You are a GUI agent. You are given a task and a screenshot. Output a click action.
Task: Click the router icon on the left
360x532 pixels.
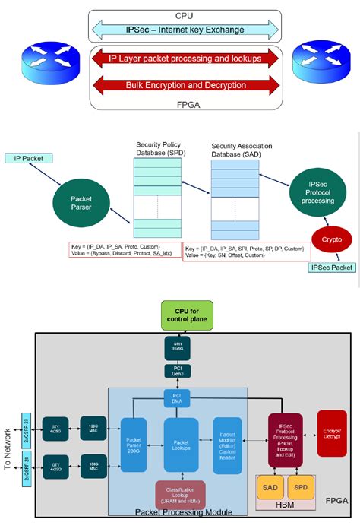pos(46,60)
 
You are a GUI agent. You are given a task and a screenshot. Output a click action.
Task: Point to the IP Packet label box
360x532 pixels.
pos(28,158)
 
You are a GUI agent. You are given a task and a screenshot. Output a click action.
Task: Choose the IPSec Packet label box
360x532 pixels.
pos(331,268)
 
